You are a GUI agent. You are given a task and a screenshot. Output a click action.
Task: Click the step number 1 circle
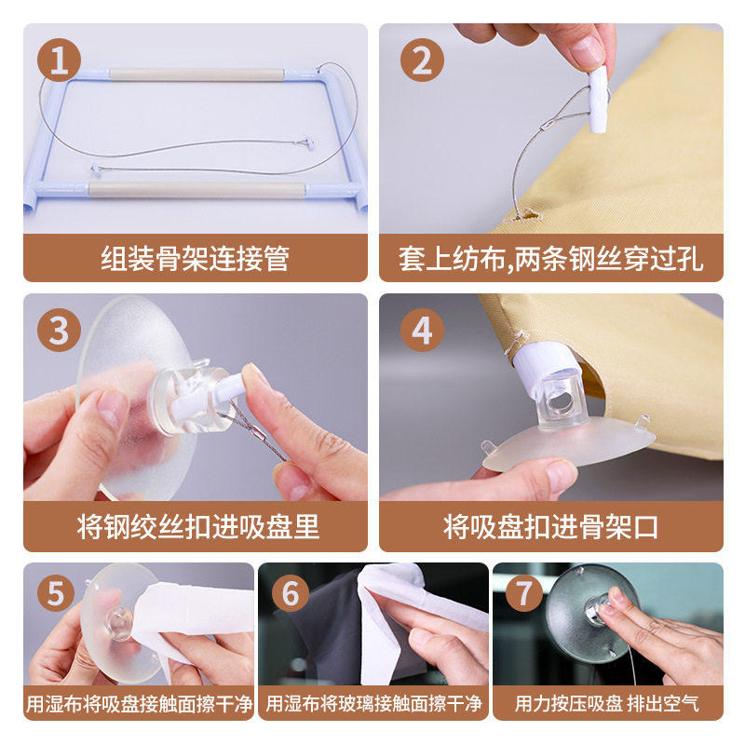59,60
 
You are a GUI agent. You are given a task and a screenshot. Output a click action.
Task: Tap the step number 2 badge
422,60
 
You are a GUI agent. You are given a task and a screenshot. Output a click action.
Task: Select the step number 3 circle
59,330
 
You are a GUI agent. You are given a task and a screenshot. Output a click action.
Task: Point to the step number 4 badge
422,330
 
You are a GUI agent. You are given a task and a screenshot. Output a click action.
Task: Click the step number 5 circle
56,593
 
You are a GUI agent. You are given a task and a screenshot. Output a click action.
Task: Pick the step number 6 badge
291,593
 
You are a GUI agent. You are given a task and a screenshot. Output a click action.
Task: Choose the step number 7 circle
524,593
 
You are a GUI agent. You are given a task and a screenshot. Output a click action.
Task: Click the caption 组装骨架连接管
196,259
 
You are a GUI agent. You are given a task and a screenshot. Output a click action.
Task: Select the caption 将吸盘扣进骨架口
551,526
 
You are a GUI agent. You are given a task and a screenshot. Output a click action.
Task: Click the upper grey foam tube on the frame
196,75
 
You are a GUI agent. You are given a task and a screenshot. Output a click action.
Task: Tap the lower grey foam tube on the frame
196,190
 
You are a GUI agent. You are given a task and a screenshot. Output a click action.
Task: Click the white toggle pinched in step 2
598,100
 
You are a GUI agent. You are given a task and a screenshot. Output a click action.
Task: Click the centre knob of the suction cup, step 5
119,623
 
